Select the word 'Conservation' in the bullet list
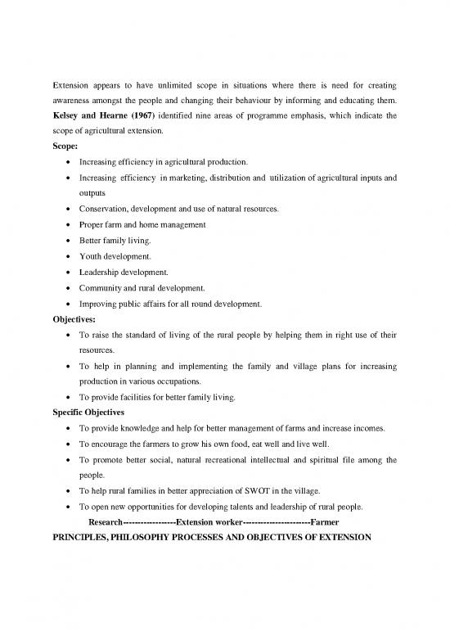point(104,209)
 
